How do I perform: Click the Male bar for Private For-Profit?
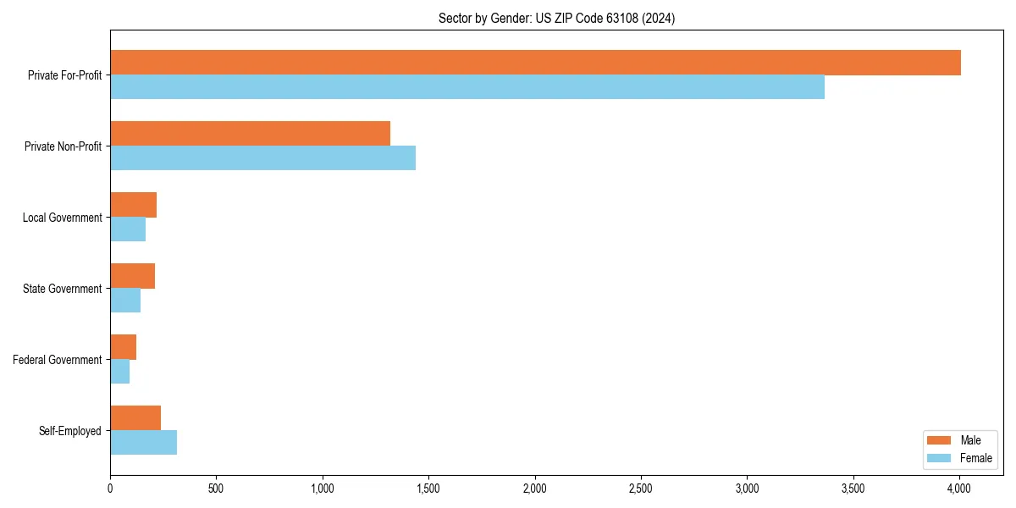tap(535, 63)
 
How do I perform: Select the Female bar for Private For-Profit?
tap(467, 87)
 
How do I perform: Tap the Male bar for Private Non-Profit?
tap(250, 134)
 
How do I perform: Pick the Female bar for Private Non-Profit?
tap(262, 158)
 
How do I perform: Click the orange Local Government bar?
tap(133, 205)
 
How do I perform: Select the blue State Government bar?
tap(125, 301)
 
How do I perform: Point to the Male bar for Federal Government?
tap(123, 347)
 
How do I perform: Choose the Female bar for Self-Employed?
tap(143, 443)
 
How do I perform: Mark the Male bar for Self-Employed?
tap(135, 418)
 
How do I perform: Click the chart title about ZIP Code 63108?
tap(556, 18)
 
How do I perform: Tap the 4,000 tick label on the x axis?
tap(959, 489)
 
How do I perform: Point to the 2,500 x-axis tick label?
tap(641, 489)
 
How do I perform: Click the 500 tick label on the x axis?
tap(216, 489)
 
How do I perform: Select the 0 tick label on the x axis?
tap(110, 489)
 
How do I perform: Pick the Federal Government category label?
tap(58, 360)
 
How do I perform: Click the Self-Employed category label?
tap(70, 431)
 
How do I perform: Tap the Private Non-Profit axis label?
tap(63, 146)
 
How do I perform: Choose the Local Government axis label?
tap(62, 218)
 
